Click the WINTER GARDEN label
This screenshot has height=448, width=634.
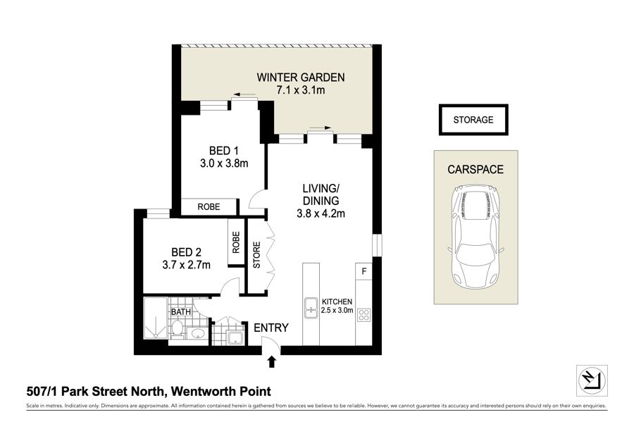300,77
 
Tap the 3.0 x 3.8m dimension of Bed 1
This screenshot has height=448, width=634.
224,163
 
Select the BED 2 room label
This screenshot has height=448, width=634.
186,252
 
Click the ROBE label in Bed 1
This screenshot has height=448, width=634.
209,206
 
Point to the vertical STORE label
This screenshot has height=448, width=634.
256,255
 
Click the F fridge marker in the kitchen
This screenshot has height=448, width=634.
364,271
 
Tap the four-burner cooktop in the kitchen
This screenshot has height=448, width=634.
363,315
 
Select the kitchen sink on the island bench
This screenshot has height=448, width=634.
311,308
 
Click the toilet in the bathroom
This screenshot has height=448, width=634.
177,328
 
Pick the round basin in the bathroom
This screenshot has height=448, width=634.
197,335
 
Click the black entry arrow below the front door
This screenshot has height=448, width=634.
272,361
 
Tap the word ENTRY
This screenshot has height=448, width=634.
271,328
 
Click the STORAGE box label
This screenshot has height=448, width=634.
473,120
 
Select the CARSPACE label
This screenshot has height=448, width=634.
475,169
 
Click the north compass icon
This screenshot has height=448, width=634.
592,381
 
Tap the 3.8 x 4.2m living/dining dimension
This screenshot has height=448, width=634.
321,213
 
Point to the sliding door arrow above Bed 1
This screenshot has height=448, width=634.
244,95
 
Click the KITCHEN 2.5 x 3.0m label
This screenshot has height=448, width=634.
337,306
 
